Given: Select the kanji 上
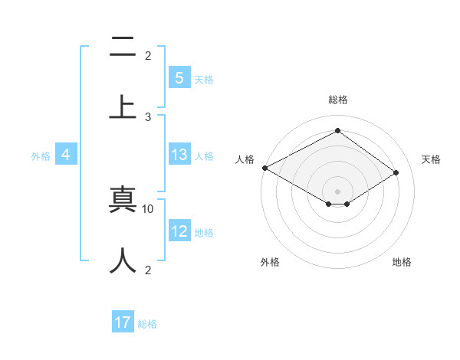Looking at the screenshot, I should tap(123, 106).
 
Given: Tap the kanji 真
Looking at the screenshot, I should tap(123, 201).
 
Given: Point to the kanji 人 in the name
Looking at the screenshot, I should tap(123, 260).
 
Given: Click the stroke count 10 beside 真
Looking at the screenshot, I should tap(148, 208).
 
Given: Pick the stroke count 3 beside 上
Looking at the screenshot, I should tap(148, 116).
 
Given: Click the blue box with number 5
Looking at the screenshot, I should tap(179, 77).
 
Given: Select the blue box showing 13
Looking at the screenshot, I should tap(179, 155).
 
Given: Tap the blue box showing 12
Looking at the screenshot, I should tap(179, 231).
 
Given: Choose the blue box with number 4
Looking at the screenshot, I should tap(66, 155).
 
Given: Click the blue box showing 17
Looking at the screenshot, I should tap(123, 322).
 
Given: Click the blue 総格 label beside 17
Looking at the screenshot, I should tap(147, 324).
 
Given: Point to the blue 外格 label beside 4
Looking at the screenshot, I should tap(41, 155).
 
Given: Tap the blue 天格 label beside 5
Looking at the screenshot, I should tap(204, 79).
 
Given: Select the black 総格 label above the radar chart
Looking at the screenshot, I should tap(337, 100).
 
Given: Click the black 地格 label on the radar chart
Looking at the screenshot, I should tap(402, 262).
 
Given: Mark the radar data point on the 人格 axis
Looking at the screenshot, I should tap(264, 168).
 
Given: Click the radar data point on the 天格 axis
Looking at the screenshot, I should tap(396, 172).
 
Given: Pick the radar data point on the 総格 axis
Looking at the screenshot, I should tap(337, 131).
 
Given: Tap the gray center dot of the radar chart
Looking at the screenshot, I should tap(337, 191).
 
